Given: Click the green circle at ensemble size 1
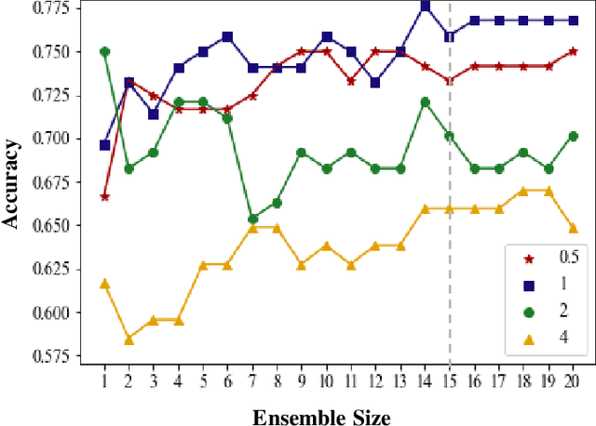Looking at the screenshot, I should (104, 52).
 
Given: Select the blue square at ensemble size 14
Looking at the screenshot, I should (425, 6).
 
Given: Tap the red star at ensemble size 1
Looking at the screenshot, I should (104, 196).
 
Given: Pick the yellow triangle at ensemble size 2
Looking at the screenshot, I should (129, 339).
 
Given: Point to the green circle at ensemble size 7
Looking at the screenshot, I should (252, 219).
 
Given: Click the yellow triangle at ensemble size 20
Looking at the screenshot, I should (573, 228).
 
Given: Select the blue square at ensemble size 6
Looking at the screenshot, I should (227, 36).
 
